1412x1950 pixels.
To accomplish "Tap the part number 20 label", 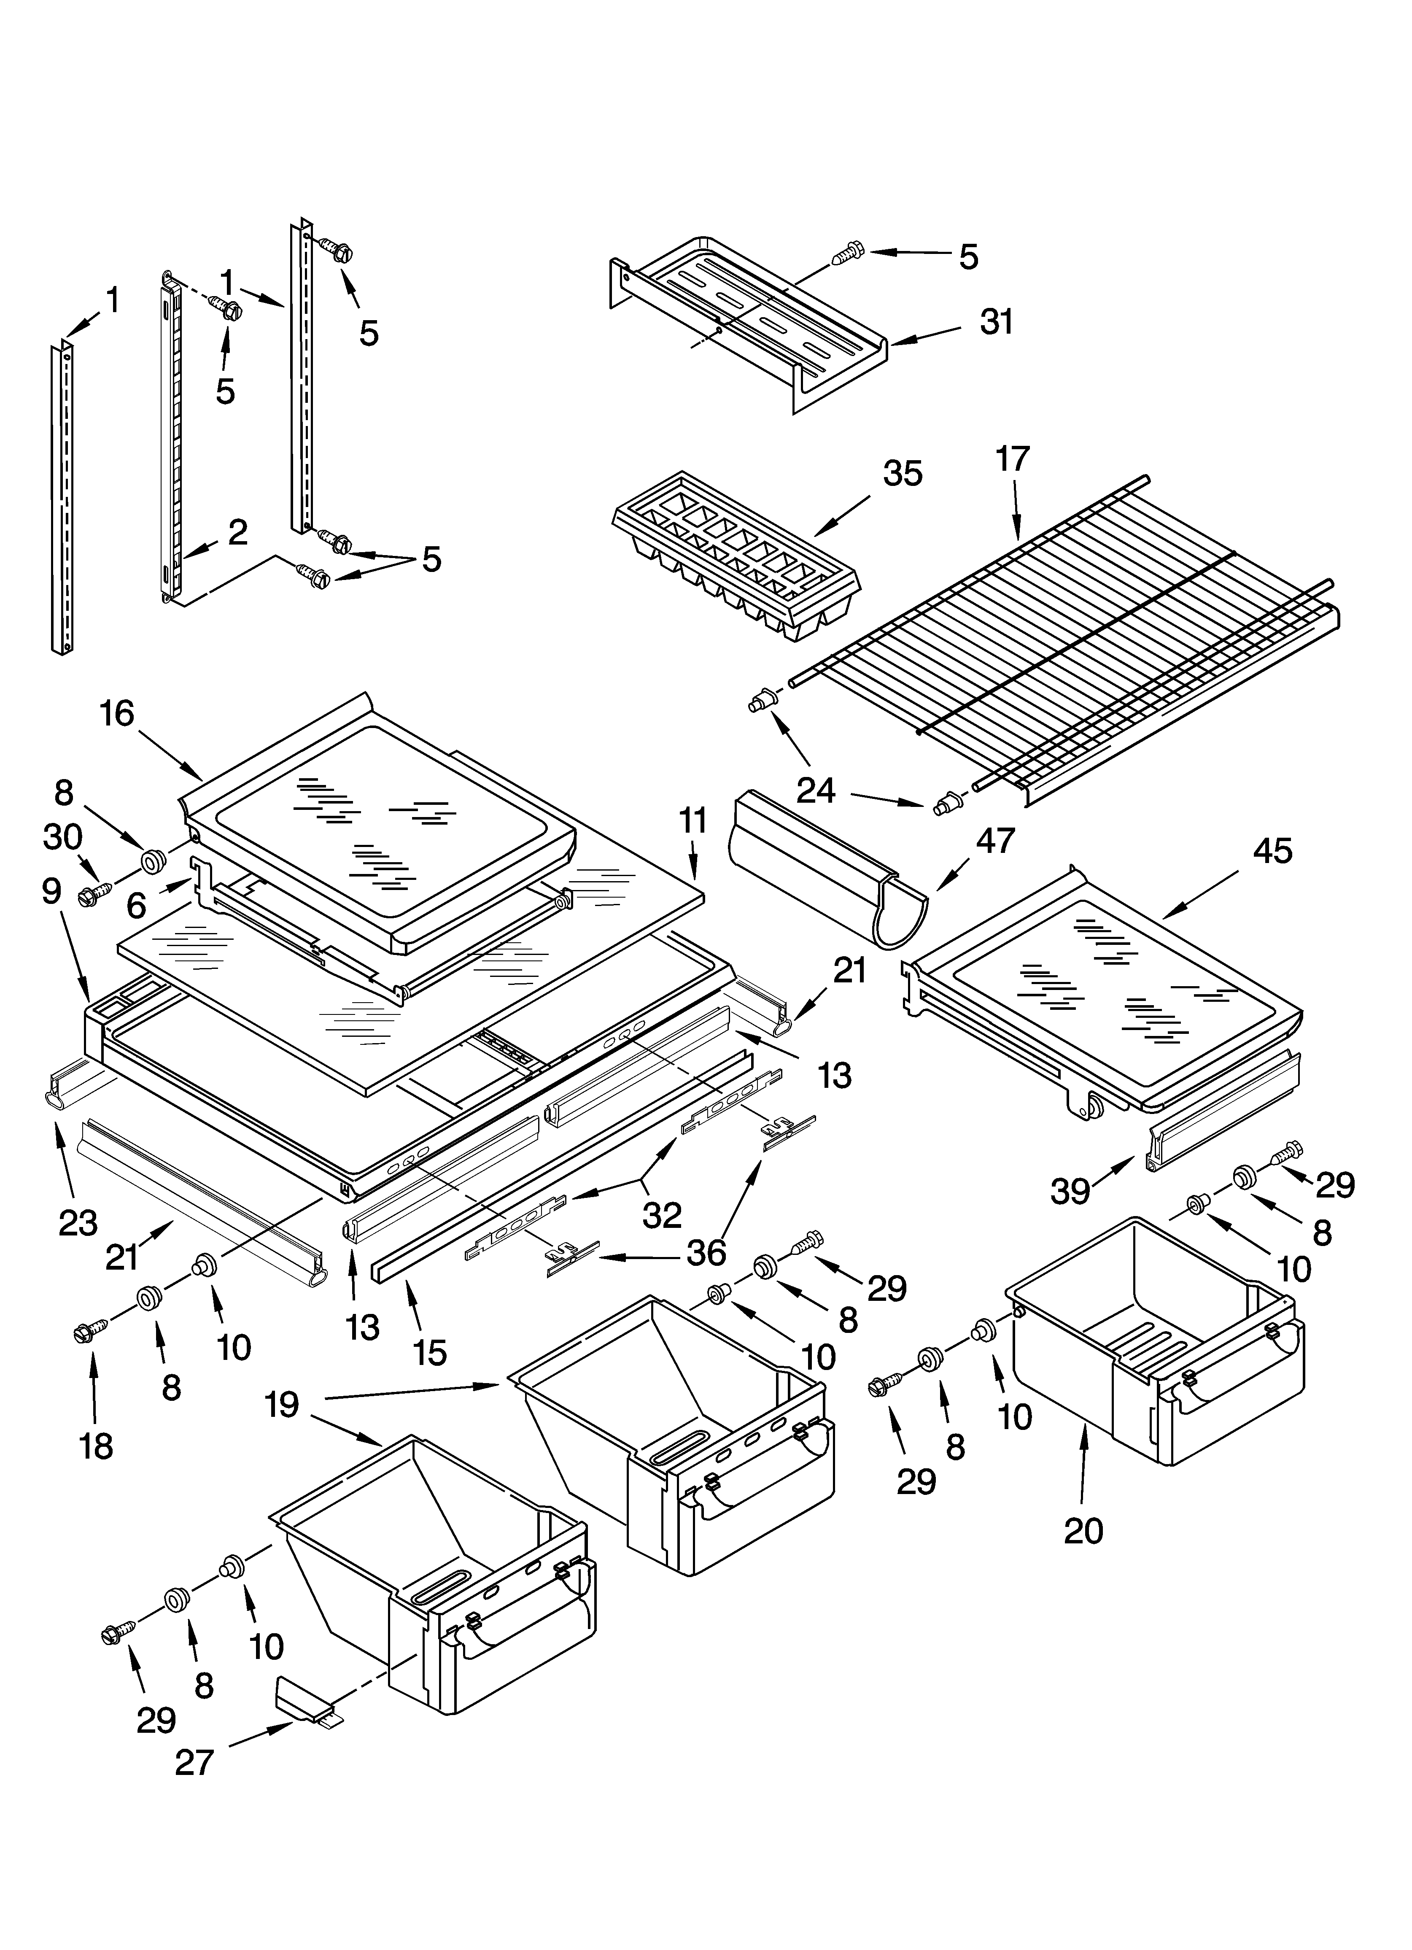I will point(1083,1530).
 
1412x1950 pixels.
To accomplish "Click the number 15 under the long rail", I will point(430,1352).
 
